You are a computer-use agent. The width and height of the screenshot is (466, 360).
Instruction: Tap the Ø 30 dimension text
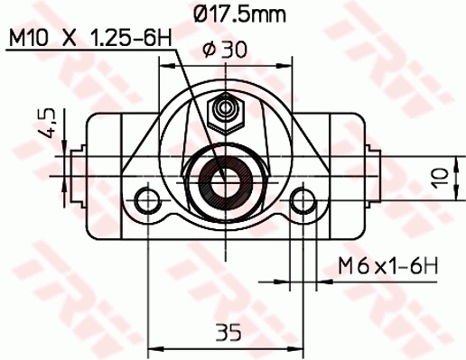click(220, 52)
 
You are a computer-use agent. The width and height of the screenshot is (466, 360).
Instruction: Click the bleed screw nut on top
click(225, 113)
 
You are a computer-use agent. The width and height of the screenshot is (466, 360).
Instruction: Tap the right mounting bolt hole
click(304, 198)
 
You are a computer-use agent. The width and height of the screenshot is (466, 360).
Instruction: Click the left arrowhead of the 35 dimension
click(151, 346)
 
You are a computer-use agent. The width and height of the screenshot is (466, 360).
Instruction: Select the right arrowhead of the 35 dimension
click(299, 346)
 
